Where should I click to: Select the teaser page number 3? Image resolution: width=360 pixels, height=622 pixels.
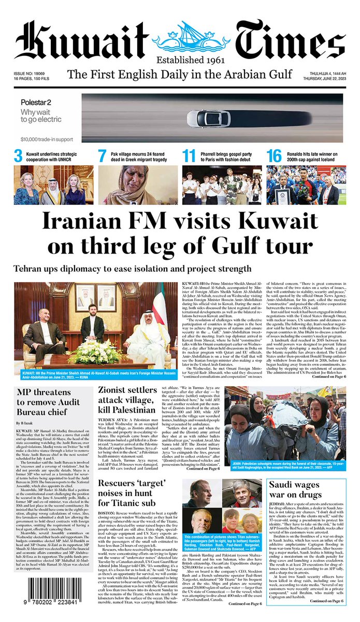click(18, 156)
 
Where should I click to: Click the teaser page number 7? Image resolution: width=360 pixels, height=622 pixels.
click(102, 156)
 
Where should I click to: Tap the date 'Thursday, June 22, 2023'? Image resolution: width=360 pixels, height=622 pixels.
click(319, 80)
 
